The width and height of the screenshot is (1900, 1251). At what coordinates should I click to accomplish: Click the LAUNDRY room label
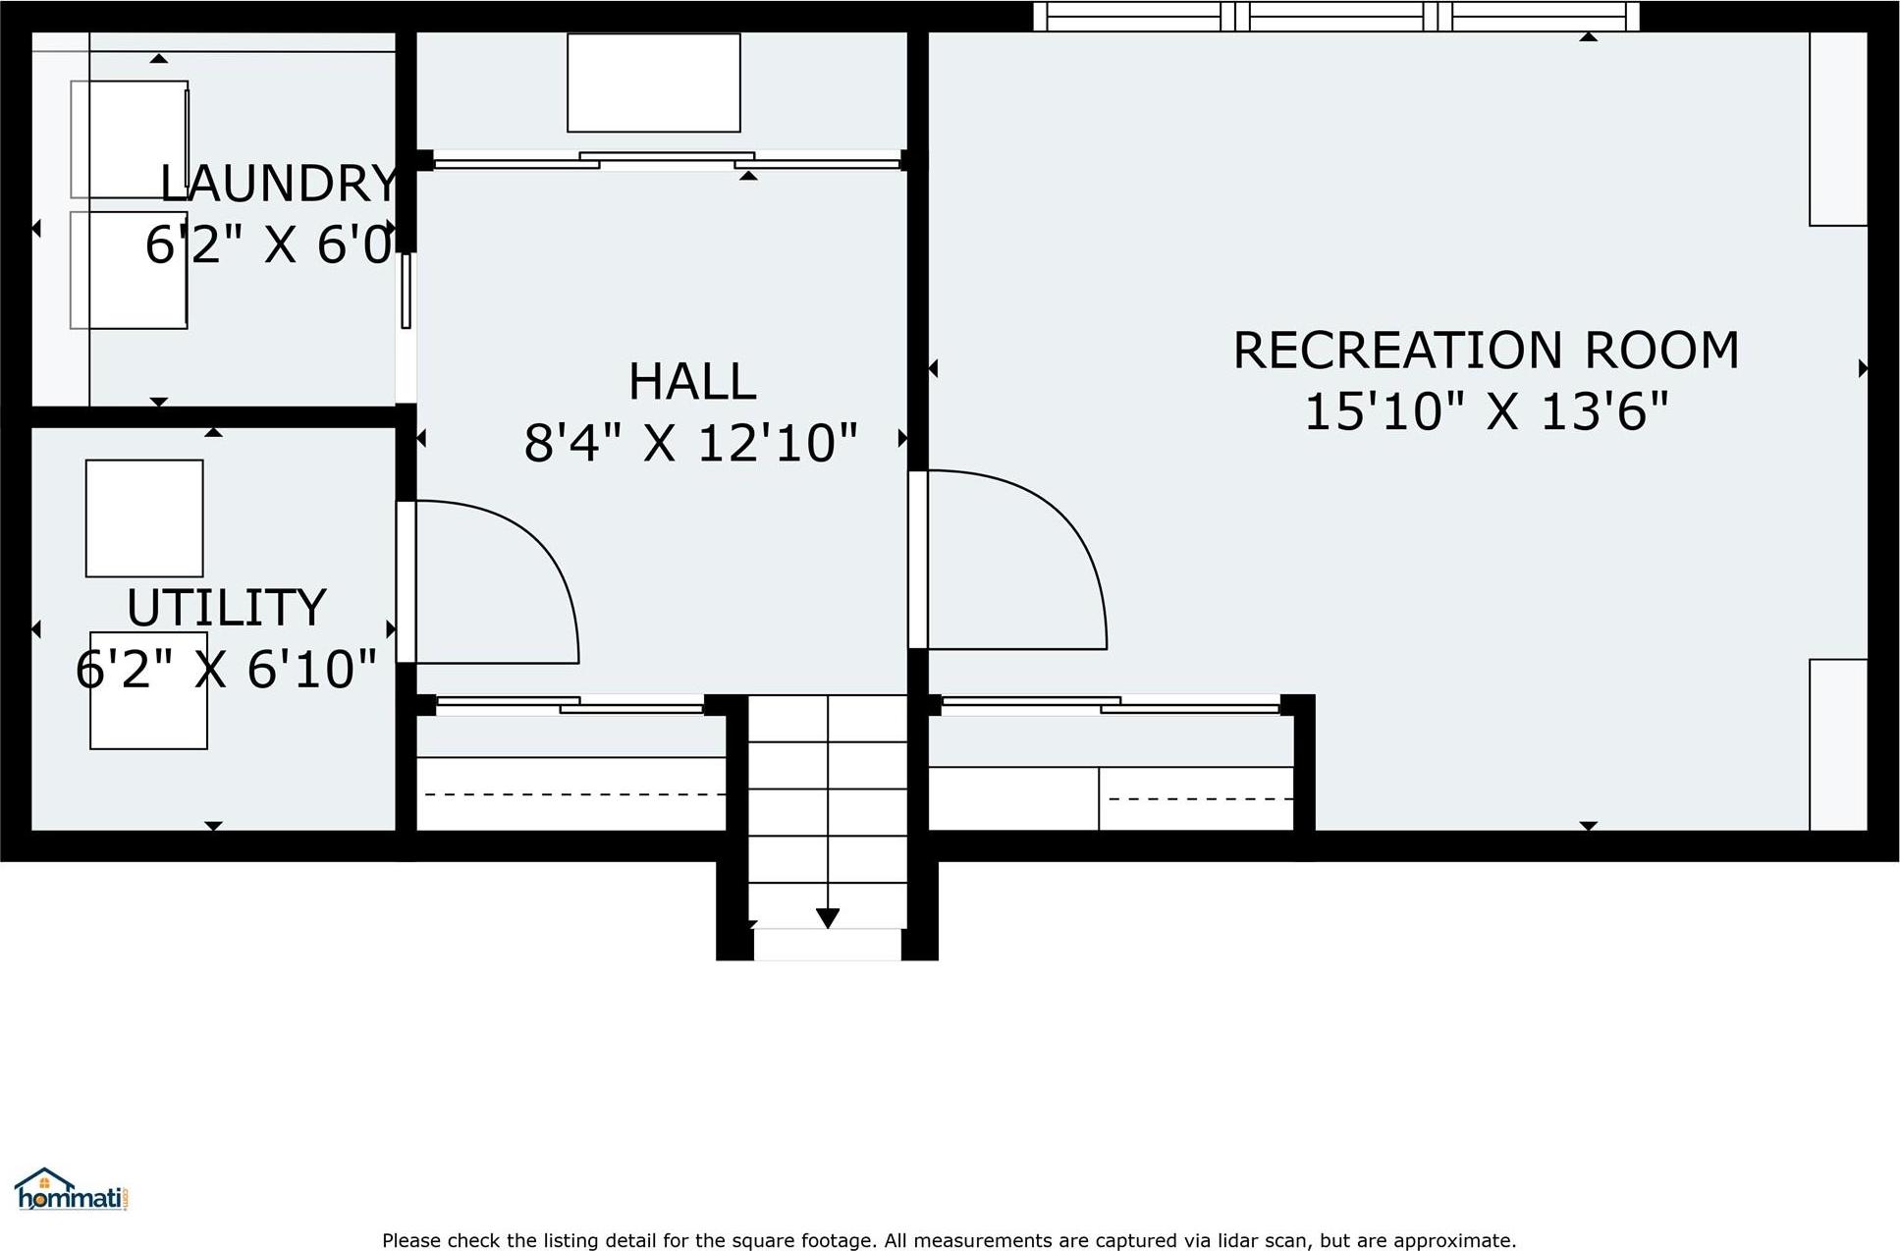[279, 184]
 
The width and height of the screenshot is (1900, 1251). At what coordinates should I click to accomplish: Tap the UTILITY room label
[226, 608]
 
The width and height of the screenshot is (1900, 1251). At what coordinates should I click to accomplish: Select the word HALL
[691, 381]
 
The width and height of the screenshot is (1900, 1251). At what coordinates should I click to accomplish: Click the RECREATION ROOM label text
[1485, 351]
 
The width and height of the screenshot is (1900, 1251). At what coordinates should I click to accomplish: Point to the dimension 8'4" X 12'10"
[691, 443]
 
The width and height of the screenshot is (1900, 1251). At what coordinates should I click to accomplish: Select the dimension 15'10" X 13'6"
[1485, 411]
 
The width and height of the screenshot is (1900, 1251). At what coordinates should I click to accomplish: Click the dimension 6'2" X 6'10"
[226, 670]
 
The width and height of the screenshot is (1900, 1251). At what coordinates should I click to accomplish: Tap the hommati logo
[72, 1190]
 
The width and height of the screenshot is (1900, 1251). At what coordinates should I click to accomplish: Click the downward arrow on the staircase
[828, 918]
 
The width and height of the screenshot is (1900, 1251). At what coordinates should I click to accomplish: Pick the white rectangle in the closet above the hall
[653, 82]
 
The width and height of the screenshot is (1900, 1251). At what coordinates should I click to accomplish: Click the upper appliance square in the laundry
[129, 138]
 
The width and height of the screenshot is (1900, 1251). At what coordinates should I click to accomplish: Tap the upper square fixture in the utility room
[144, 517]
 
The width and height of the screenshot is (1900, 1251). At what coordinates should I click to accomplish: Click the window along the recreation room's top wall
[1335, 17]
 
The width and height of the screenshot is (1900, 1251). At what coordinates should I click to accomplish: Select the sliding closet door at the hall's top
[668, 160]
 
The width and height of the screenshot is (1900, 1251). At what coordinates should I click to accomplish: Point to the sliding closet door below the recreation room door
[1110, 704]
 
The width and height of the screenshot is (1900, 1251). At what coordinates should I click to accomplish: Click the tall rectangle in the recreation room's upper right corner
[1837, 128]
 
